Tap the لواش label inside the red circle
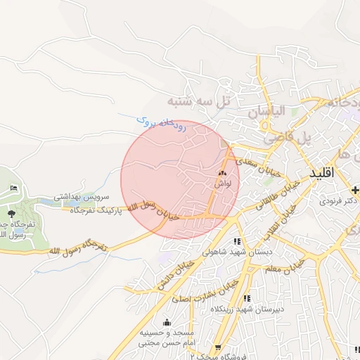click(222, 184)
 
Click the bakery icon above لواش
click(222, 172)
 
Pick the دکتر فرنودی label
click(335, 201)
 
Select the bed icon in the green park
click(14, 188)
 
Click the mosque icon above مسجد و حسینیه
click(167, 322)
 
